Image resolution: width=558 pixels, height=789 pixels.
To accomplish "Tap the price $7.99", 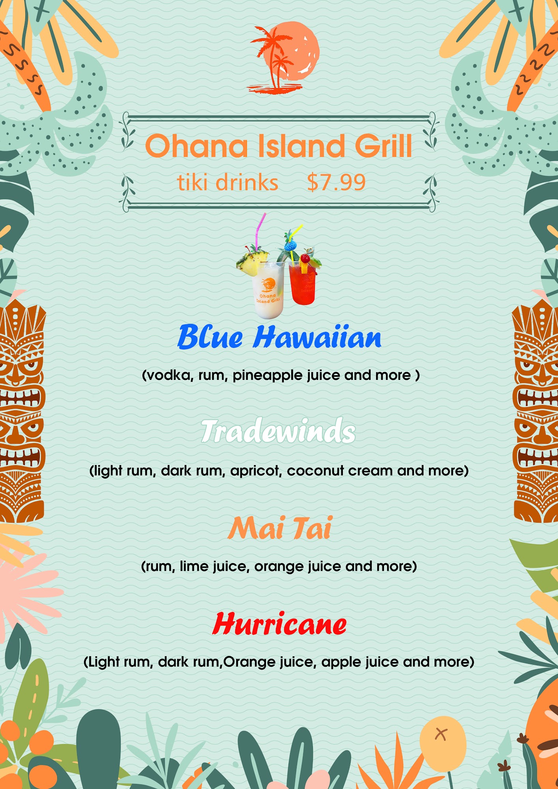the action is coord(336,183).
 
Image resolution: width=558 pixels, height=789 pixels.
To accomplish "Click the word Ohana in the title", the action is coord(197,146).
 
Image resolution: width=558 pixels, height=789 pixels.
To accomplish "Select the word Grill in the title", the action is coord(383,146).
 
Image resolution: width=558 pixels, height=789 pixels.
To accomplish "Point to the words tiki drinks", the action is coord(228,183).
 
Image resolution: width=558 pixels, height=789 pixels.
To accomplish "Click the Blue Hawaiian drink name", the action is coord(279,337).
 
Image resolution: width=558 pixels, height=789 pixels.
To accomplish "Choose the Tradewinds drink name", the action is coord(278,431).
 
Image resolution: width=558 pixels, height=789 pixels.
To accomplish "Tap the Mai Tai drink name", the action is coord(280,528).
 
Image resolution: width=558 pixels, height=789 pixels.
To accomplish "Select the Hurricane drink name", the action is coord(279,624).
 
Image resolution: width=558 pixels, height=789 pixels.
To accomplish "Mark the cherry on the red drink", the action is coord(305,258).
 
